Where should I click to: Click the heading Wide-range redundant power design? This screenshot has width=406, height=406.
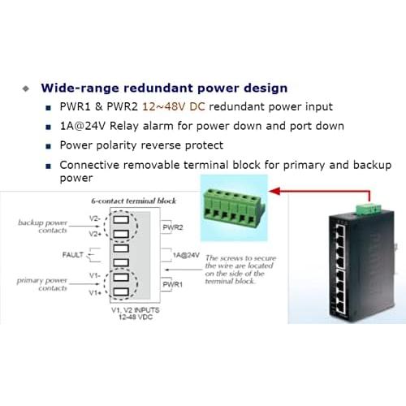tap(164, 87)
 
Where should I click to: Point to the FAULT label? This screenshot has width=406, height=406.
tap(72, 255)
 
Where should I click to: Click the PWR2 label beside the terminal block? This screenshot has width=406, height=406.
tap(174, 227)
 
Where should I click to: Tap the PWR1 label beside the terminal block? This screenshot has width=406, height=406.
tap(173, 284)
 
